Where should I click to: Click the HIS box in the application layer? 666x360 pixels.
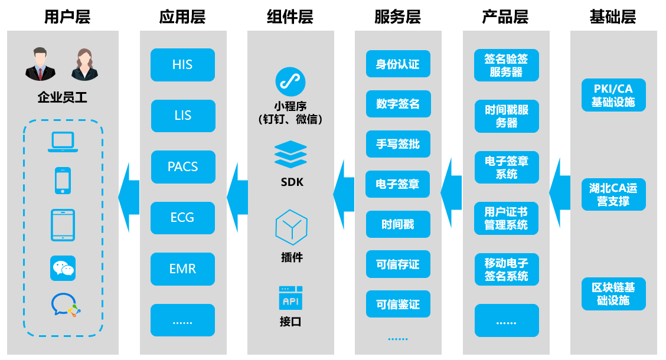pos(182,65)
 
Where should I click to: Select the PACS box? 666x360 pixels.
pos(182,167)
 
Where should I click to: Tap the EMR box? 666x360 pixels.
pos(182,269)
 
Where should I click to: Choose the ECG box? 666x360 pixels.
pos(182,218)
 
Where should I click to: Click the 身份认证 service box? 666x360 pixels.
pos(398,64)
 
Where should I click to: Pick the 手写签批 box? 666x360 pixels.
pos(398,144)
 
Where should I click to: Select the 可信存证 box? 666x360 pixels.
pos(398,264)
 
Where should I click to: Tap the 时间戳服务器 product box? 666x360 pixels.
pos(507,116)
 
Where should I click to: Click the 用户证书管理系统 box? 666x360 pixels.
pos(507,218)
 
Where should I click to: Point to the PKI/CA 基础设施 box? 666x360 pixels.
pos(613,95)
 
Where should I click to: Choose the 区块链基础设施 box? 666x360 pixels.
pos(613,294)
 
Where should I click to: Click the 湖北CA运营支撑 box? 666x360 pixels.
pos(613,194)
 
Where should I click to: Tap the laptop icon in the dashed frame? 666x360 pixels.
pos(63,142)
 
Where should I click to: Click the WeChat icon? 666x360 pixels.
pos(63,269)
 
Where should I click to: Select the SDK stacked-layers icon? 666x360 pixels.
pos(291,154)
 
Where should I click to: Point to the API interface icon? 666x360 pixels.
pos(291,299)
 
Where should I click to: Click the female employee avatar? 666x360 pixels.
pos(85,65)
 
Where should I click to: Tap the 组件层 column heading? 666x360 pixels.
pos(290,17)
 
